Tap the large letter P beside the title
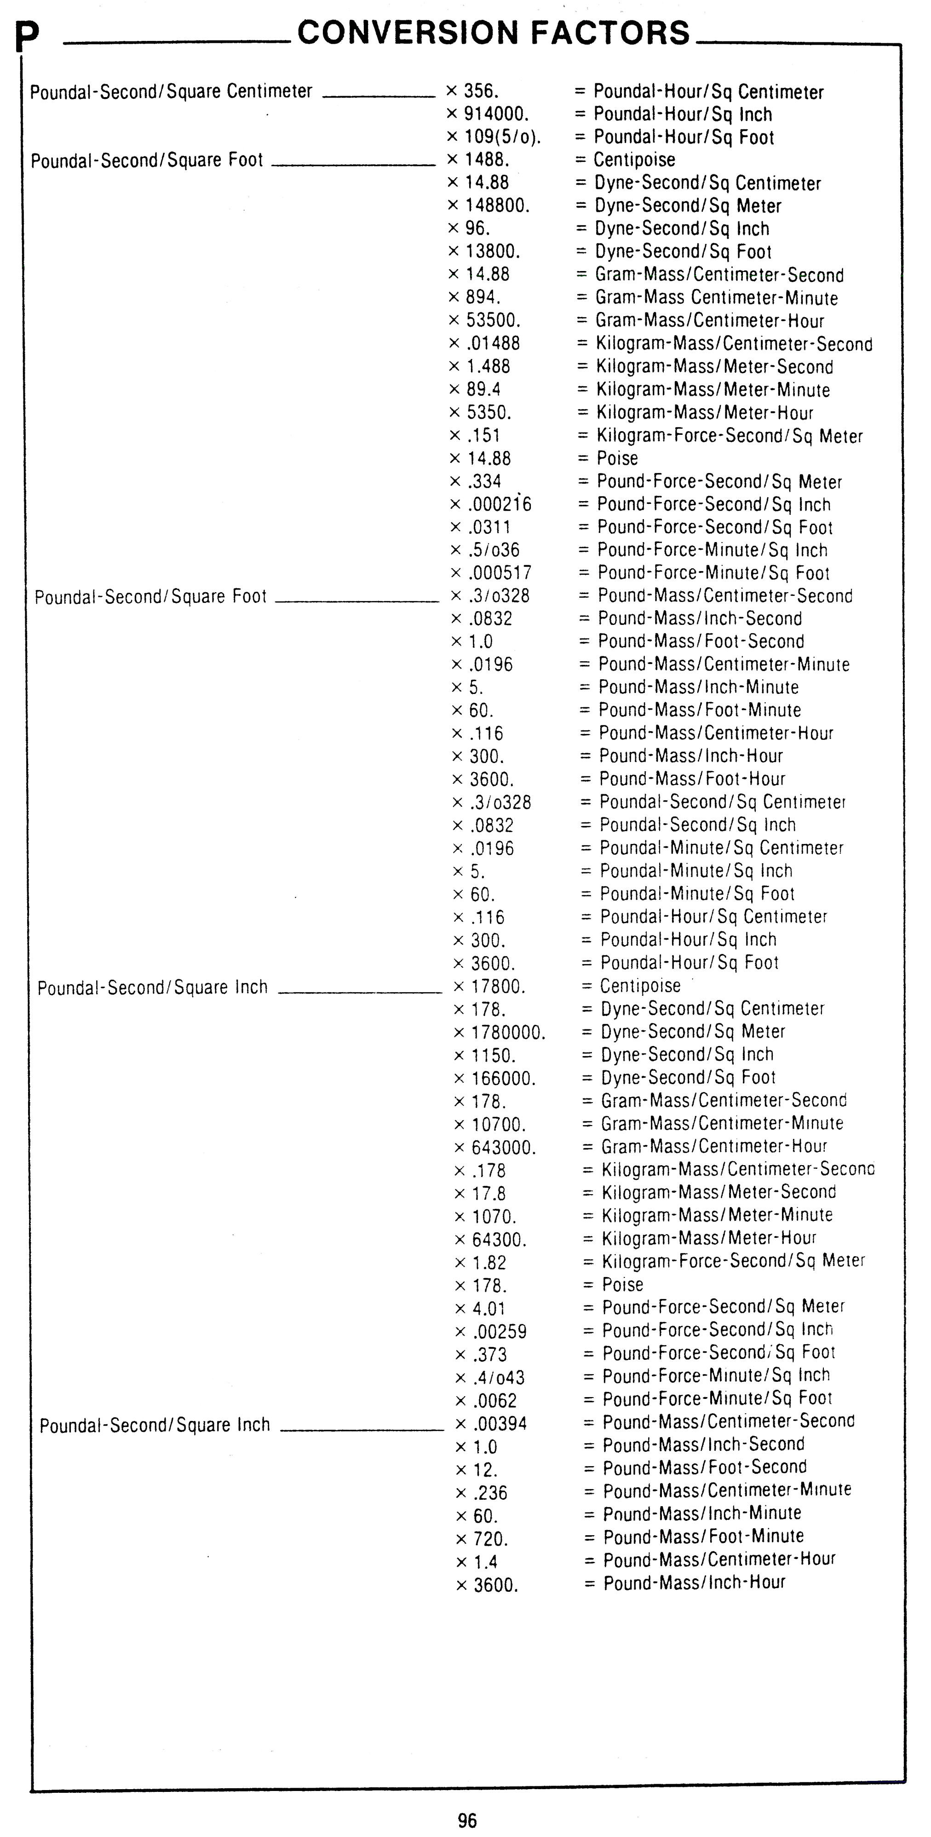[27, 39]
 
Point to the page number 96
[467, 1820]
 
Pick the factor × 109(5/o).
[493, 137]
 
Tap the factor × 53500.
[485, 320]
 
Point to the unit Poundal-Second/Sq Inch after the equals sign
[697, 825]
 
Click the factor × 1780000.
[500, 1033]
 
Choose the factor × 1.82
[481, 1262]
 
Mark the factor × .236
[483, 1493]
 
